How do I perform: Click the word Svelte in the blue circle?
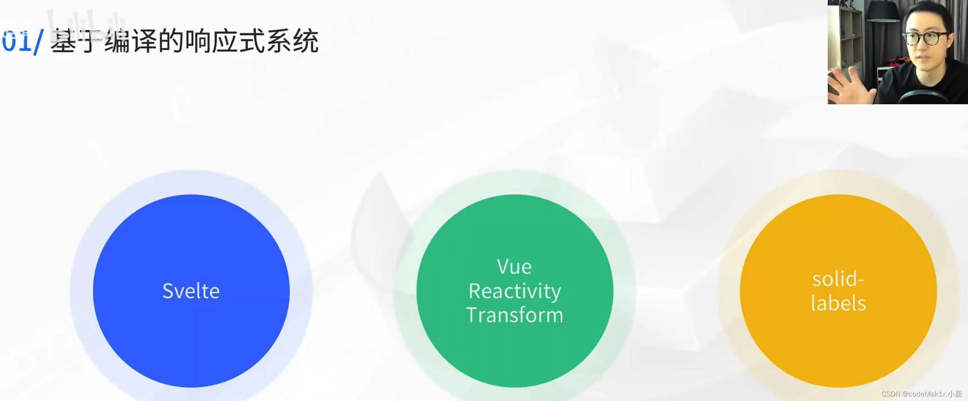(191, 291)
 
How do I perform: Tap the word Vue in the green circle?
(514, 267)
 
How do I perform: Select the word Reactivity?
(514, 291)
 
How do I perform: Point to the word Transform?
(514, 315)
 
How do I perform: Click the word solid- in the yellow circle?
(838, 279)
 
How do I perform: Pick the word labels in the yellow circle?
(838, 303)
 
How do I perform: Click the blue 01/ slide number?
(22, 41)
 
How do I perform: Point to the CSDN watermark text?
(922, 394)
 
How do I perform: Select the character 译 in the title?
(144, 40)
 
